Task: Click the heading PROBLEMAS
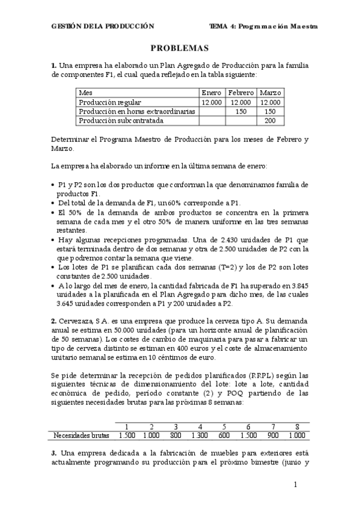[179, 48]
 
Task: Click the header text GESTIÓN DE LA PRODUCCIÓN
[103, 26]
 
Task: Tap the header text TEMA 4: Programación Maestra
[263, 26]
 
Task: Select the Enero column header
[212, 93]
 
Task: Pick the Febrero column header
[241, 93]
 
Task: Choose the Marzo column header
[270, 93]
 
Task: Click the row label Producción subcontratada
[113, 120]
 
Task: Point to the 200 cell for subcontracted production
[270, 120]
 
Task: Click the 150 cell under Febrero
[241, 111]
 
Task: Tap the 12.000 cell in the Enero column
[212, 102]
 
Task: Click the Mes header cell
[86, 93]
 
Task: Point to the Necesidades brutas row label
[81, 435]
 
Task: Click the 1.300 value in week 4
[199, 435]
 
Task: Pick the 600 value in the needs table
[224, 435]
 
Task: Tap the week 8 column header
[297, 426]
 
